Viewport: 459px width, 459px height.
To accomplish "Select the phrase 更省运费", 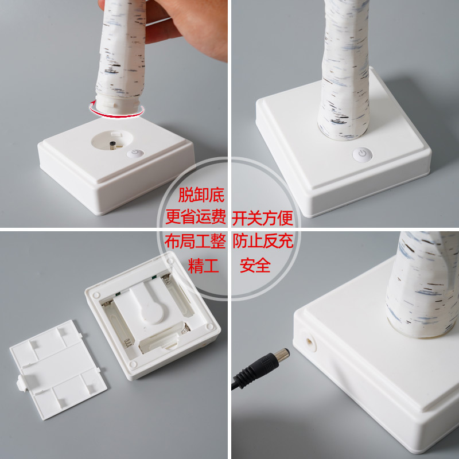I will [x=196, y=217].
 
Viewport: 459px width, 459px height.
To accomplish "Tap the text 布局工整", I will [x=196, y=242].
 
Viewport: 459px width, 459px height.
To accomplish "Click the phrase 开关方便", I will [x=263, y=217].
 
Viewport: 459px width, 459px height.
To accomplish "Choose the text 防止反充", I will [x=263, y=242].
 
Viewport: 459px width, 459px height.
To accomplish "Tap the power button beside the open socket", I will [x=135, y=154].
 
